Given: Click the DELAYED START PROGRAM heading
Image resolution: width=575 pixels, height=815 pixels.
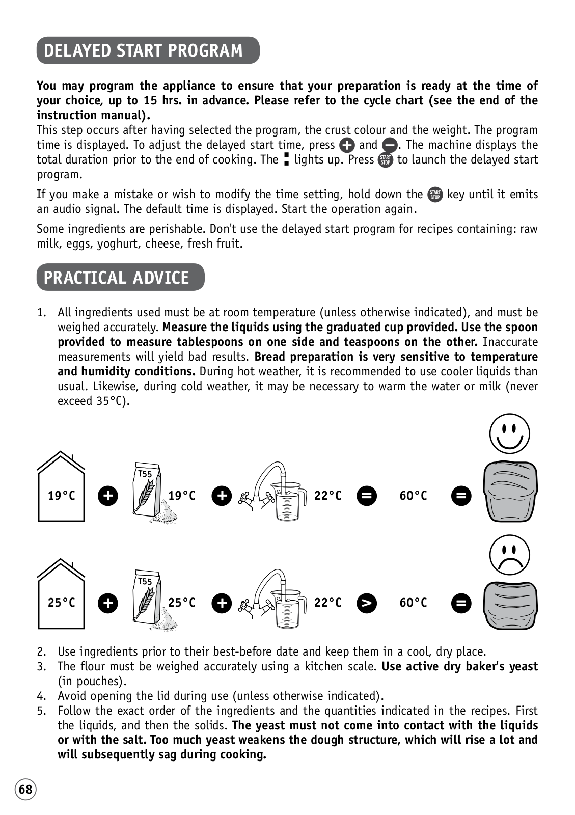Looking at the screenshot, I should [x=144, y=50].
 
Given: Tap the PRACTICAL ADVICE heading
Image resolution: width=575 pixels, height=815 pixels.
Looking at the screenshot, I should [x=117, y=277].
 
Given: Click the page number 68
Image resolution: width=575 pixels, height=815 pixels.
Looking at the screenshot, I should [x=25, y=790].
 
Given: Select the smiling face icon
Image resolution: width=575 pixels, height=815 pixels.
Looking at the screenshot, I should [x=509, y=434].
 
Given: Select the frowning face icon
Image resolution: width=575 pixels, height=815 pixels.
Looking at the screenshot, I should [x=509, y=555].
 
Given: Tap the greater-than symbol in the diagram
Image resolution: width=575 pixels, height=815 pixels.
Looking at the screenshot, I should [x=367, y=603].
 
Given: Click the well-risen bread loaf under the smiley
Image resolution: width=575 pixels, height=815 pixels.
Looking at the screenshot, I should [x=510, y=492].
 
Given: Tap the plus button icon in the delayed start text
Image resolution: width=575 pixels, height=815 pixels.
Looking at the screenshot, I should [x=347, y=146].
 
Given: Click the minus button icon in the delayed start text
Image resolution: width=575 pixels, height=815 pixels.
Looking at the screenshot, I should [x=390, y=146].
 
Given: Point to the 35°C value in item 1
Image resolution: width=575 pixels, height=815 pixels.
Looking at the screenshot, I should [x=111, y=401].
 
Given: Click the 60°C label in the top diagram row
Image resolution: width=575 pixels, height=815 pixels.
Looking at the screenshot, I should [x=413, y=496].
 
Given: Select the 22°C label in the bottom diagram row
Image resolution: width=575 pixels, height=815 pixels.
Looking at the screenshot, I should [x=327, y=603].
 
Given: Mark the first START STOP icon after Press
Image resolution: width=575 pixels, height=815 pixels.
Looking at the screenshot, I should [x=386, y=160].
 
